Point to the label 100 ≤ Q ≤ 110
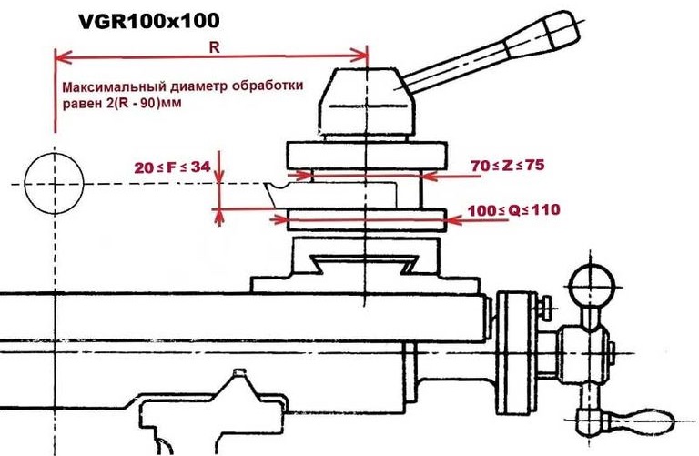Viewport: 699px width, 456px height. [512, 209]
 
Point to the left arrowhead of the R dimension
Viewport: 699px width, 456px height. [61, 56]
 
